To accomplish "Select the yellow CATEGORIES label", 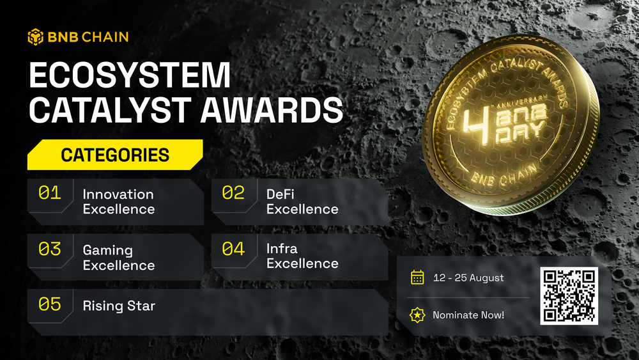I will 115,155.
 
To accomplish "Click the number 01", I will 50,193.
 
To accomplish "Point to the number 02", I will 233,193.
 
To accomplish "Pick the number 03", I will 50,249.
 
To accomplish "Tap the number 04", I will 233,249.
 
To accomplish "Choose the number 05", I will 50,304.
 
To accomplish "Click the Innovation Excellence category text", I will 119,201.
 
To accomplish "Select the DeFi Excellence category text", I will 302,201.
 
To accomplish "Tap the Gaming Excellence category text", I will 119,258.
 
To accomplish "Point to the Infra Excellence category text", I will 302,256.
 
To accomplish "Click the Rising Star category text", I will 119,306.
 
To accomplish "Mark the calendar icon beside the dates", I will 417,278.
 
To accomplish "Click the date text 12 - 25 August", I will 468,278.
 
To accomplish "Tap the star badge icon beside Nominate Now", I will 417,315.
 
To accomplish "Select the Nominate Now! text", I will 468,315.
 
